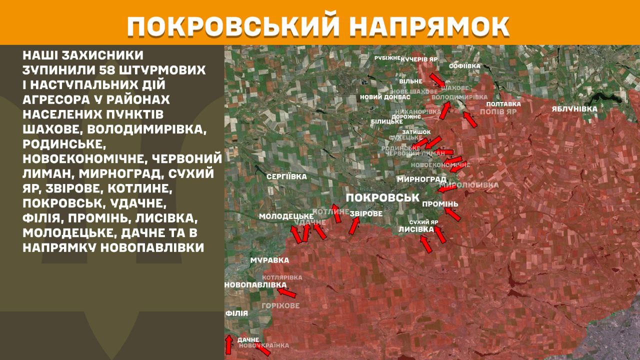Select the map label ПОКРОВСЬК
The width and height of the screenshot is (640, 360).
pos(382,197)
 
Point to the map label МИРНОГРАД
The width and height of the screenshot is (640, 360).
pos(421,179)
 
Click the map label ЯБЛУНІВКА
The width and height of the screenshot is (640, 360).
pos(574,108)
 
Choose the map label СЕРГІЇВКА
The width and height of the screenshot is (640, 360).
pos(286,176)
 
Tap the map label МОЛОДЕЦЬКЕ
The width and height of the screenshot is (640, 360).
pos(286,216)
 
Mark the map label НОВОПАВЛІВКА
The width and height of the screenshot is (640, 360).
pos(255,284)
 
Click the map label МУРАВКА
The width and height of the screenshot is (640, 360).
pos(269,260)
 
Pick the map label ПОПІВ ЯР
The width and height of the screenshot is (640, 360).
pos(497,112)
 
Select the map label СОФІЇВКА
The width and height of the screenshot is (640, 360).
pos(464,65)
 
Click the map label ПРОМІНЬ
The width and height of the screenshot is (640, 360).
pos(440,204)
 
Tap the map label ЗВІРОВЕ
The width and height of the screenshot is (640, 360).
pos(366,213)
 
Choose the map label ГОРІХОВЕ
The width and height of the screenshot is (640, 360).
pos(280,305)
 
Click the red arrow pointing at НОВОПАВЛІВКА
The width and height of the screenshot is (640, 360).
pos(287,292)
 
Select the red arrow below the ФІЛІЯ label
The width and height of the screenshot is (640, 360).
pos(228,344)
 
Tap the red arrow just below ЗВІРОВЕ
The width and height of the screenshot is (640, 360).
pos(354,226)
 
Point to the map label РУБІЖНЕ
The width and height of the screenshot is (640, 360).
pos(387,58)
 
